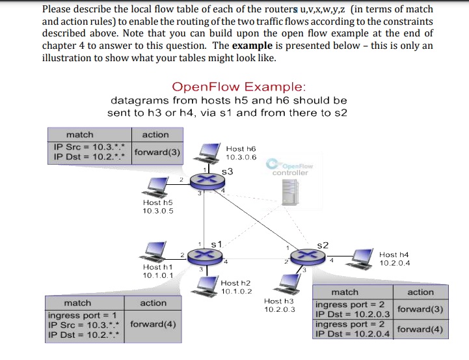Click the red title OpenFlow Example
click(x=239, y=87)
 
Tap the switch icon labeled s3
click(x=206, y=178)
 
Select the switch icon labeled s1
click(x=206, y=253)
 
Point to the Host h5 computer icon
click(x=154, y=188)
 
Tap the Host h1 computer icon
click(x=155, y=251)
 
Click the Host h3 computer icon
click(x=284, y=284)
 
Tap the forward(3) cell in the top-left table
click(x=158, y=152)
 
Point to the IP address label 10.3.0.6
click(x=241, y=158)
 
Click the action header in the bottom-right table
click(x=420, y=292)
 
